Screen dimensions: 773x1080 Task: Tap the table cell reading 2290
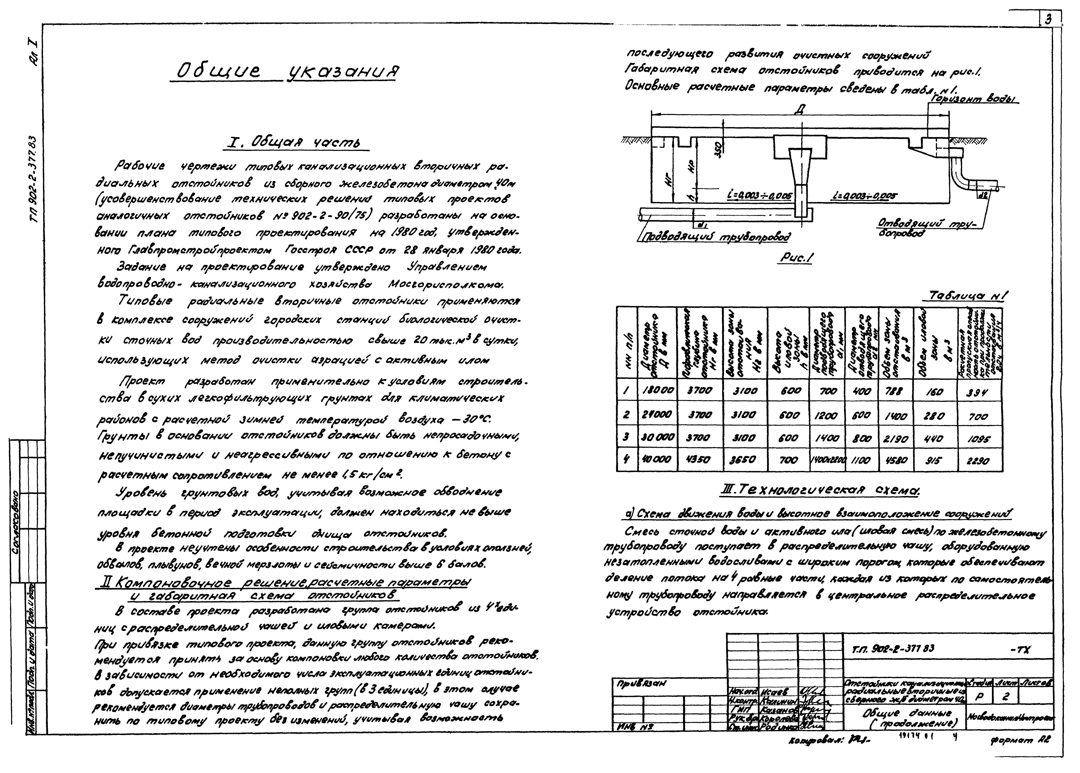978,461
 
